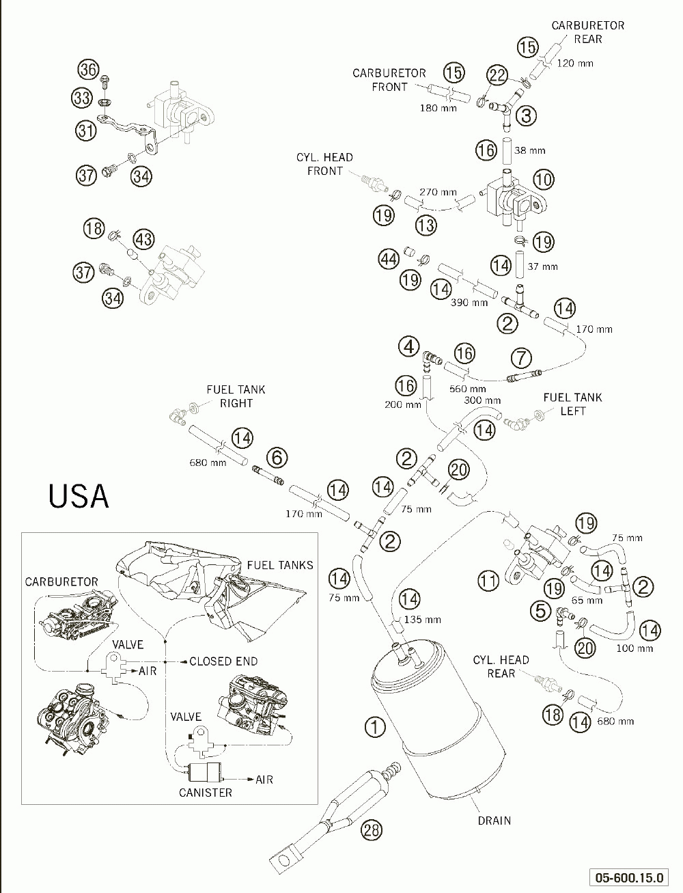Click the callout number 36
(89, 70)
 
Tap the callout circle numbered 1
(375, 726)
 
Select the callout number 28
(372, 829)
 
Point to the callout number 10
(544, 180)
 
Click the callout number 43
(144, 240)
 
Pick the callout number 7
(522, 358)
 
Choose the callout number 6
(277, 457)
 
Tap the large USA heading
(79, 496)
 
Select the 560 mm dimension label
(468, 389)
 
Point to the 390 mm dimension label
(469, 302)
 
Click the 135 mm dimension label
(423, 620)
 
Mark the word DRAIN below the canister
(494, 821)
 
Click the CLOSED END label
(223, 661)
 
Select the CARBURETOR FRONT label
(389, 80)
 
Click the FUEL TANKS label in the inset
(280, 565)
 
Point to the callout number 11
(488, 581)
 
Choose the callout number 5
(541, 611)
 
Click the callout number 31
(86, 130)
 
